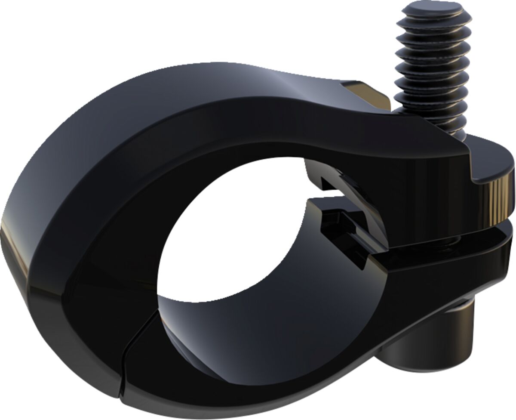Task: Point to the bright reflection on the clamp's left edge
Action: tap(11, 241)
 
